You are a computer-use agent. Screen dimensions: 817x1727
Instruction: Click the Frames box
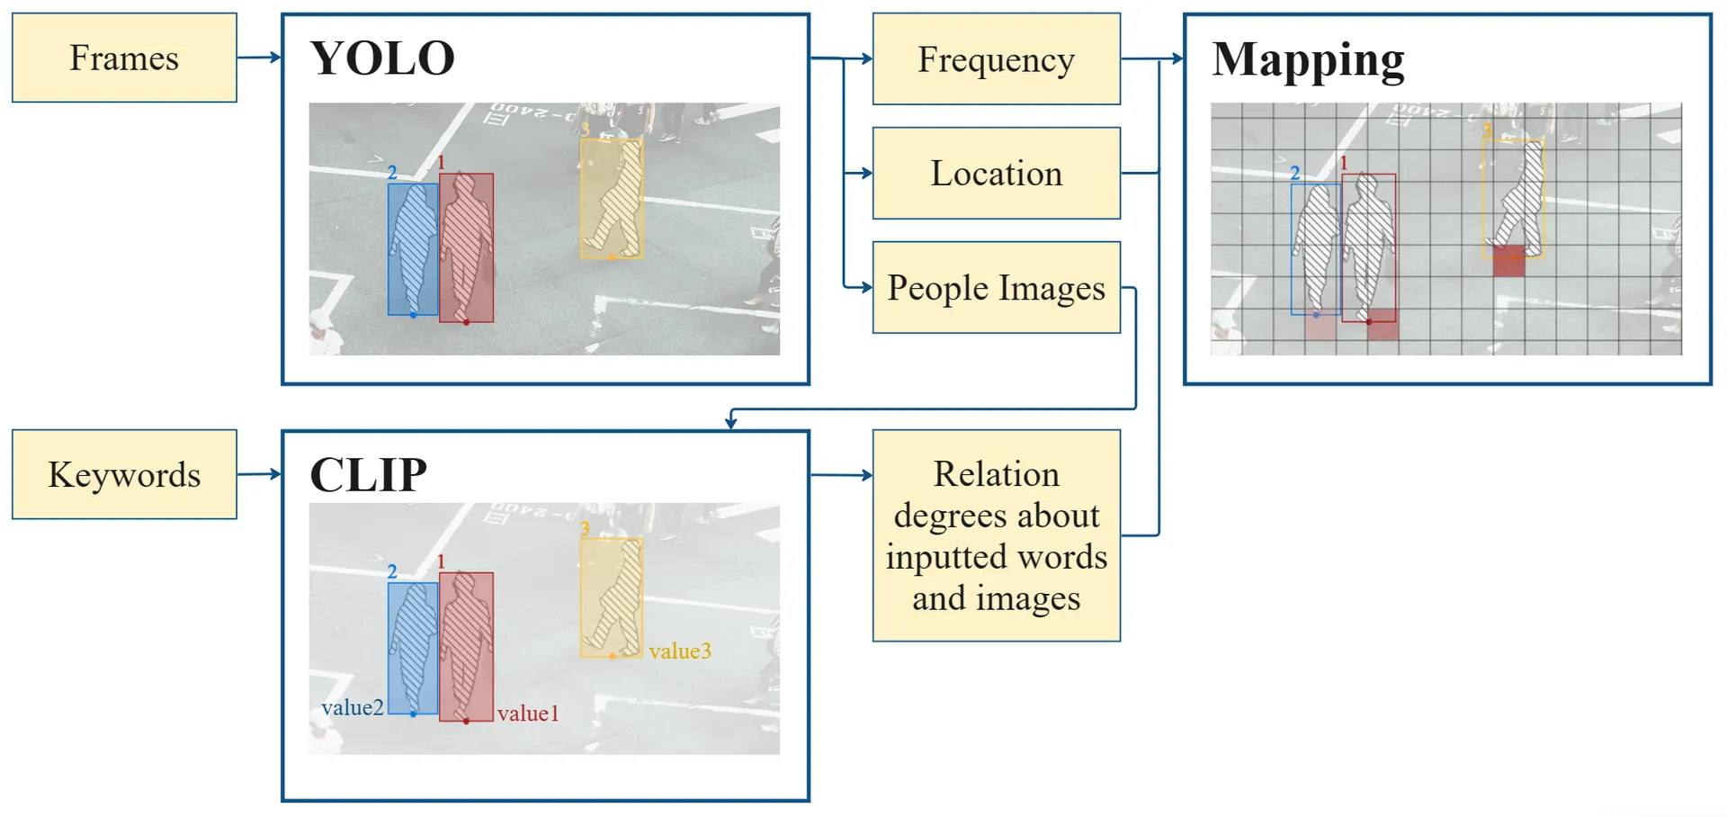(x=124, y=58)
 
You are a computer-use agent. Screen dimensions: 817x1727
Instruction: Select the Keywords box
(x=124, y=474)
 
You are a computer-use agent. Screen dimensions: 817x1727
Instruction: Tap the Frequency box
(x=996, y=59)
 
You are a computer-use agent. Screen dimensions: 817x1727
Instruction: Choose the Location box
(x=996, y=173)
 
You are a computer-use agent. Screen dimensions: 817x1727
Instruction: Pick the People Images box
(x=996, y=288)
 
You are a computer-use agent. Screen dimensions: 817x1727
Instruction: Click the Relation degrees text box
(x=996, y=535)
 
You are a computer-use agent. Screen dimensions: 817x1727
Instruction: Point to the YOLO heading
(x=382, y=58)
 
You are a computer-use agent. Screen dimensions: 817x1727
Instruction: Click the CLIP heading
(x=368, y=474)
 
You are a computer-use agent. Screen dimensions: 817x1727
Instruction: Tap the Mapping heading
(x=1307, y=60)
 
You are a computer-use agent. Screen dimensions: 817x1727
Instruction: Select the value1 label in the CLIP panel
(x=528, y=714)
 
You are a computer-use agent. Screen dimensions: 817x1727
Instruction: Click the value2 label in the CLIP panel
(x=353, y=707)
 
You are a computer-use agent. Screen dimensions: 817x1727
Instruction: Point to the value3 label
(x=680, y=651)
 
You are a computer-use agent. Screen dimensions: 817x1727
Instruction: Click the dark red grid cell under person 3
(x=1508, y=261)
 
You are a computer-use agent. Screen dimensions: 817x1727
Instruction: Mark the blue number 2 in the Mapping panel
(x=1294, y=173)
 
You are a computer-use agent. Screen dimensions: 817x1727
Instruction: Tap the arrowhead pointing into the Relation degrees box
(x=867, y=475)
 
